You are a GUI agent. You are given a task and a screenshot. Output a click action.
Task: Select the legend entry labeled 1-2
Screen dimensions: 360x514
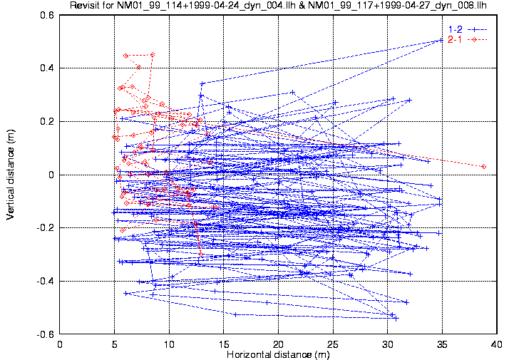(x=454, y=29)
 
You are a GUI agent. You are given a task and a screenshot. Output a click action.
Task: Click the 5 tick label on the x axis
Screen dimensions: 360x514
(x=114, y=344)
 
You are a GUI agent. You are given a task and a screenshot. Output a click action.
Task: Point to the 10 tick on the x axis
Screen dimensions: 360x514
(x=169, y=344)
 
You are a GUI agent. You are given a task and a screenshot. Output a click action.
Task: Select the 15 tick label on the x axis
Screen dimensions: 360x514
(x=224, y=344)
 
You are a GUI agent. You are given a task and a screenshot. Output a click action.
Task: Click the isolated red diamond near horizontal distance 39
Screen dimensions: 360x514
(x=484, y=166)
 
